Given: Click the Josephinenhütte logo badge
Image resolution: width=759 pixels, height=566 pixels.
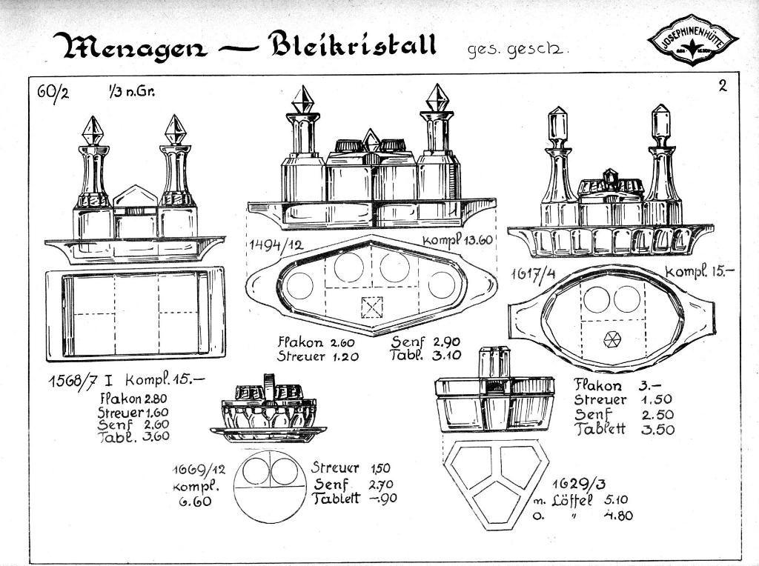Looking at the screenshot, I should (x=692, y=41).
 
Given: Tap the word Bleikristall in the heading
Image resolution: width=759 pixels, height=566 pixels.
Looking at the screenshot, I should (x=352, y=44).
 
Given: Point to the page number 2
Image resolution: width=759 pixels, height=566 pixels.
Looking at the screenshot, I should (x=722, y=85).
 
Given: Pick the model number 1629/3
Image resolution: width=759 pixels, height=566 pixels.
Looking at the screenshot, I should (x=570, y=485).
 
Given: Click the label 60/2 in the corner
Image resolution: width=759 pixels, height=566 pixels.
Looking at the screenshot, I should (x=53, y=94).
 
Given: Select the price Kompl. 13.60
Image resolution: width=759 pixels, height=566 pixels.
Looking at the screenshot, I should (x=457, y=241).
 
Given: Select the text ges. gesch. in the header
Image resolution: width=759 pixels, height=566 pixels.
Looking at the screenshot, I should (x=518, y=50).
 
